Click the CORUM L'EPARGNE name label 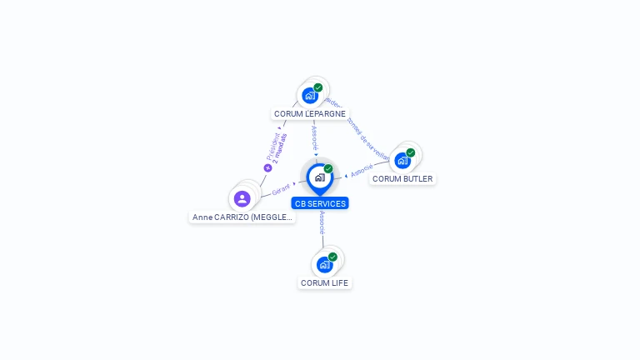[310, 113]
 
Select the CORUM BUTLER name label [402, 178]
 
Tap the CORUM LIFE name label [325, 283]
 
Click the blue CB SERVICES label [320, 203]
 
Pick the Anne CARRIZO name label [242, 217]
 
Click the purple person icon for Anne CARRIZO [242, 198]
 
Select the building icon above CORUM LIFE [324, 264]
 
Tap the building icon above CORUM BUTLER [402, 160]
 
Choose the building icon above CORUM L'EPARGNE [310, 95]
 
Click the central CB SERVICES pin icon [319, 177]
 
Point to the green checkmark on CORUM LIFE [332, 257]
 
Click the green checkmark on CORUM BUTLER [411, 152]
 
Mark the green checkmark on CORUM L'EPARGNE [318, 87]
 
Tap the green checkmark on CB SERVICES [328, 168]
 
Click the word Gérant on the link [280, 190]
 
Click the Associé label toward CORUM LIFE [322, 222]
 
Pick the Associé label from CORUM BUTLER [362, 171]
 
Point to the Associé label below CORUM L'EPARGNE [314, 137]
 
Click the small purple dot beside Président [268, 167]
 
